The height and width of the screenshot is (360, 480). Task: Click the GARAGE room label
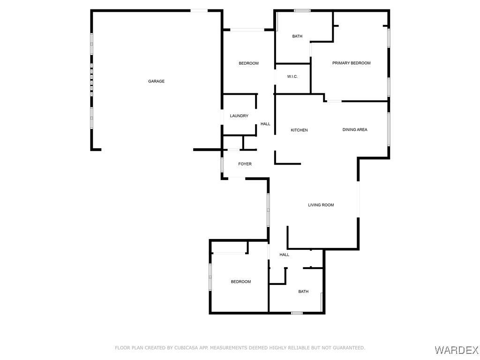pos(156,81)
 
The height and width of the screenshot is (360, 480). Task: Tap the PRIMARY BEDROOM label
pos(352,63)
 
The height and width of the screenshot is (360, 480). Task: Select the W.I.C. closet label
pos(292,76)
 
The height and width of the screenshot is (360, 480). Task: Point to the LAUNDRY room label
pos(239,116)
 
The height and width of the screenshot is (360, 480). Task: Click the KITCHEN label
pos(299,130)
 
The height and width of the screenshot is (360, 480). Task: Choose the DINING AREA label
pos(355,129)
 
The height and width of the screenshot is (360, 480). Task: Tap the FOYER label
pos(245,164)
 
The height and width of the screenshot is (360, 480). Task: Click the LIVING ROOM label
pos(321,205)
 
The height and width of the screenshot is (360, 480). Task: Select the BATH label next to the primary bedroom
pos(297,36)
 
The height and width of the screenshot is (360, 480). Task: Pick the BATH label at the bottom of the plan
pos(303,292)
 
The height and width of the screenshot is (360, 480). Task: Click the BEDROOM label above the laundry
pos(248,63)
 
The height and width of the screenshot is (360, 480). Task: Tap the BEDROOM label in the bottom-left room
pos(241,282)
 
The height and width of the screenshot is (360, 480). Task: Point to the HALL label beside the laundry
pos(265,124)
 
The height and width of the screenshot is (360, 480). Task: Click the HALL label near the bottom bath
pos(284,255)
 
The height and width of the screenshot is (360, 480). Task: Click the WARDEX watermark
pos(457,350)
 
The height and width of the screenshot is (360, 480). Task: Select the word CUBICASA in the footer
pos(186,348)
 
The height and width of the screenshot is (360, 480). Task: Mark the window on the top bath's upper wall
pos(302,11)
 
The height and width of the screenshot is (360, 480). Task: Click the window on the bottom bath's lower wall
pos(297,313)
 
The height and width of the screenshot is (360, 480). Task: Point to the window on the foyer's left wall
pos(222,165)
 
